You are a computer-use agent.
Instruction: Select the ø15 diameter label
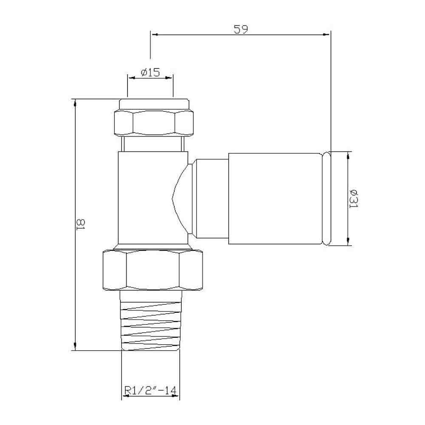tap(149, 72)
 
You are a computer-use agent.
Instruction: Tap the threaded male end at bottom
tap(151, 323)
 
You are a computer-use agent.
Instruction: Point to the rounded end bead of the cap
tap(327, 198)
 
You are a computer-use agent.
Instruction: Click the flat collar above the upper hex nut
tap(154, 104)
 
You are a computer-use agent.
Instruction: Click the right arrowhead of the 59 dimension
tap(327, 35)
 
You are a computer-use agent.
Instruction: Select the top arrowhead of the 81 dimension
tap(75, 102)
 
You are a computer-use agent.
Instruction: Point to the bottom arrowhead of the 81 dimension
tap(75, 347)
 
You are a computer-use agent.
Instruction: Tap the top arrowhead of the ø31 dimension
tap(348, 155)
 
